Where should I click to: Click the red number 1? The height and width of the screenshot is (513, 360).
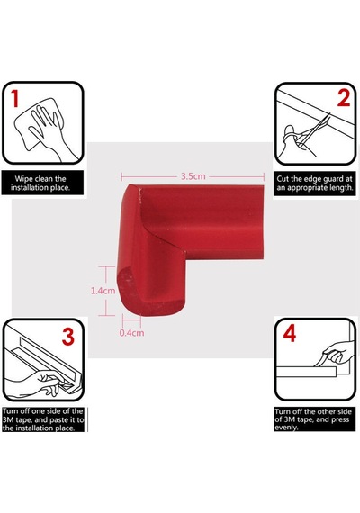point(14,98)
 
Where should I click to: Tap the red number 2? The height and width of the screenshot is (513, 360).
point(344,98)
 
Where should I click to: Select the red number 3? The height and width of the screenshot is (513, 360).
point(68,337)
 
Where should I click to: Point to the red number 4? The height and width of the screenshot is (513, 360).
point(290,334)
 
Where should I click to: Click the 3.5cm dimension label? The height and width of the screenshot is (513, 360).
point(193,176)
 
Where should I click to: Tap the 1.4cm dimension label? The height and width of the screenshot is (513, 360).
point(103,291)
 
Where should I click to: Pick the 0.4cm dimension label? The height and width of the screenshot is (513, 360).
point(131,333)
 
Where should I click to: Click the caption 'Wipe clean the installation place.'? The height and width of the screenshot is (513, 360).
point(40,184)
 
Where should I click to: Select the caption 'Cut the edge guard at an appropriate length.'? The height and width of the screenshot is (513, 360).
point(315,184)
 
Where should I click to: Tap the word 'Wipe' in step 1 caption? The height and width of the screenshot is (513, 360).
point(23,179)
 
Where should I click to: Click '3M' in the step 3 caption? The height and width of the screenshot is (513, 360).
point(8,419)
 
